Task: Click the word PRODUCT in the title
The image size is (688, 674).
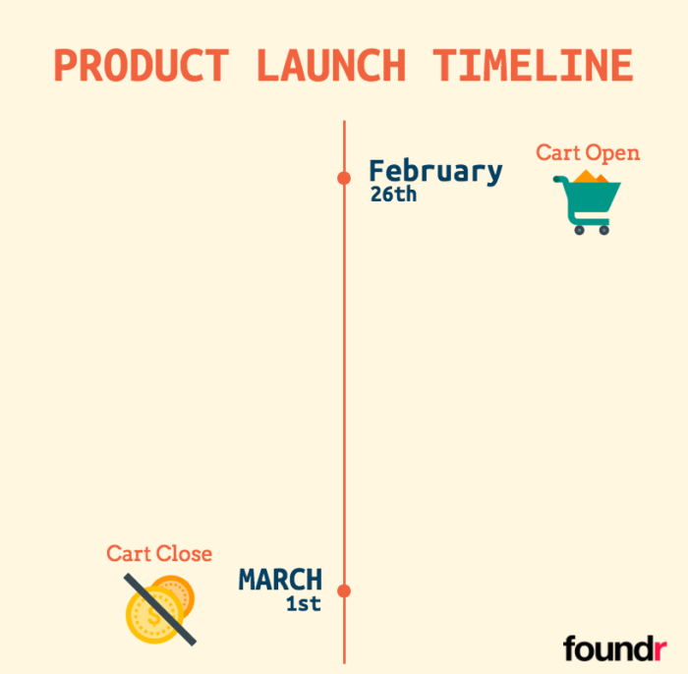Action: point(141,66)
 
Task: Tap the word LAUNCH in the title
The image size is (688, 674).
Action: point(330,66)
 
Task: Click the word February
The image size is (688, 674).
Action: point(435,171)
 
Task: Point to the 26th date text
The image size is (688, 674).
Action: point(393,195)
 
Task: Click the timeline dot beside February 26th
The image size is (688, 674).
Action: point(344,178)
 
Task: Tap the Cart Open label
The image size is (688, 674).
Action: point(588,153)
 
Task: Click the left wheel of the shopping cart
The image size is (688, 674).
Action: point(579,230)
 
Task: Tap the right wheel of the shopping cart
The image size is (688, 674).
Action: point(603,230)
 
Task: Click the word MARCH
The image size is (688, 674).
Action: point(280,580)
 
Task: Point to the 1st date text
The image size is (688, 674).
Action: point(304,604)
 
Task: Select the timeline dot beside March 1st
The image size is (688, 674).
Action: point(344,590)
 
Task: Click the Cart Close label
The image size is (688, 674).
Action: point(159,554)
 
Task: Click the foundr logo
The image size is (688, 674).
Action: point(606,648)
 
